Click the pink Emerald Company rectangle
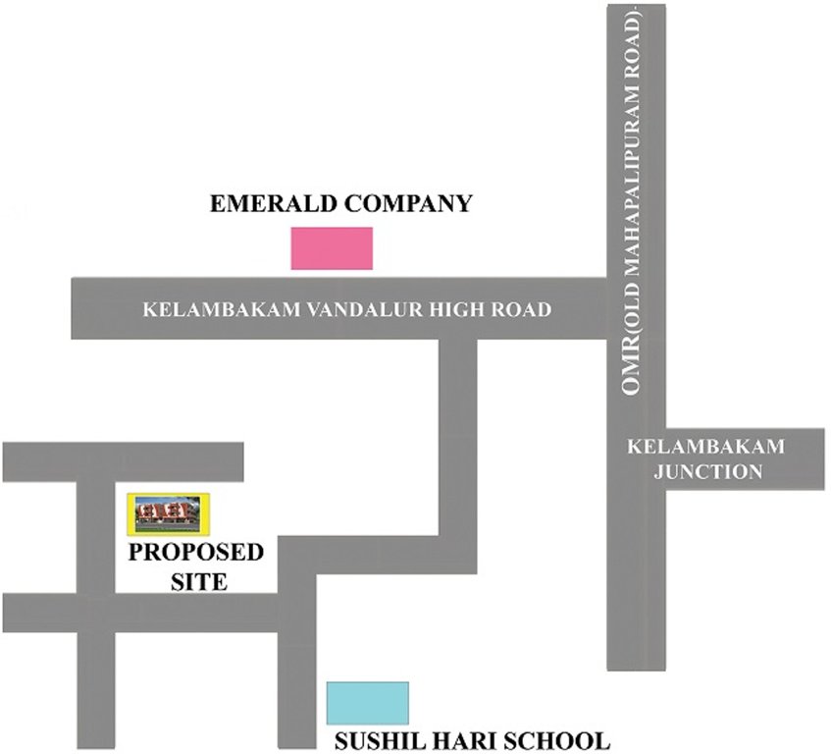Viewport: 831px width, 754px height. pos(332,247)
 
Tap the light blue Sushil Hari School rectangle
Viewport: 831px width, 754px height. pos(367,703)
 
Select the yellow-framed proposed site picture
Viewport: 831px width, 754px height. pos(173,513)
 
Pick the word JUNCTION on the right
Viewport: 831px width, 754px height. pos(707,471)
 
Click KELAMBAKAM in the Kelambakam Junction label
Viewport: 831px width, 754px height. pos(706,447)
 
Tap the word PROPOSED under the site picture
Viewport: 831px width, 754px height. pos(196,553)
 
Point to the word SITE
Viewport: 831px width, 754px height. pos(196,581)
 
